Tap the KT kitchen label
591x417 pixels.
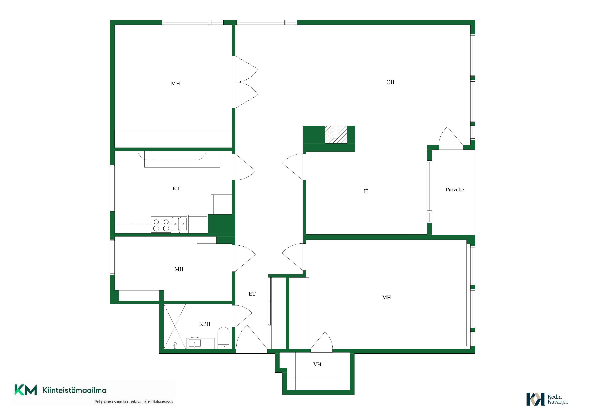tap(176, 189)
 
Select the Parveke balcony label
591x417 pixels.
tap(455, 190)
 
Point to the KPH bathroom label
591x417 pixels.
tap(205, 324)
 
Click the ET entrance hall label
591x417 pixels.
tap(252, 294)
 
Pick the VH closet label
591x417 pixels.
tap(317, 364)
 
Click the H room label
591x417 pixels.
tap(366, 191)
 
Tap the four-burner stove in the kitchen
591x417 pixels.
tap(161, 225)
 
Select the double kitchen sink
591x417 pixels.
tap(179, 225)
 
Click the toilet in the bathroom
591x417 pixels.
tap(223, 338)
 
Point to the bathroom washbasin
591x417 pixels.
tap(195, 343)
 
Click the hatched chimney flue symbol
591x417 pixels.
tap(336, 134)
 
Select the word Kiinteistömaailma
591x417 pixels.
tap(74, 390)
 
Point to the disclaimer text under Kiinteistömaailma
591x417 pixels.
tap(134, 402)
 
